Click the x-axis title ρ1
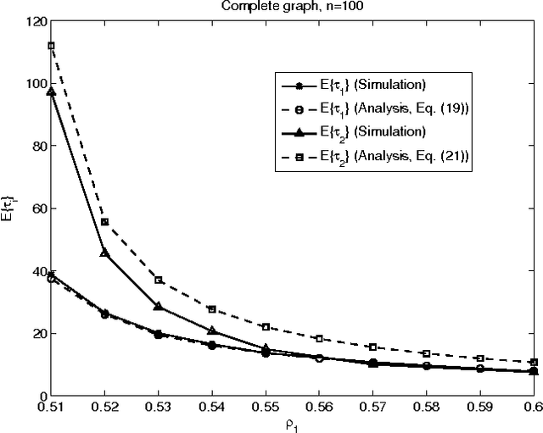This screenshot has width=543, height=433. click(x=293, y=425)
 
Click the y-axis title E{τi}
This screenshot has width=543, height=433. click(x=10, y=208)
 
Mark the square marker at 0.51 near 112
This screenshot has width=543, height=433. click(x=51, y=46)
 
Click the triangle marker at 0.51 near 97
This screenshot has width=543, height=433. click(x=51, y=92)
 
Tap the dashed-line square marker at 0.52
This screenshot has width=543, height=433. click(x=104, y=222)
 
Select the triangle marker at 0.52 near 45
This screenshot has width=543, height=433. click(x=104, y=253)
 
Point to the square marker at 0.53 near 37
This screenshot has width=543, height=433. click(x=158, y=280)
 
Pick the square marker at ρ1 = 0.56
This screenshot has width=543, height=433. click(x=318, y=338)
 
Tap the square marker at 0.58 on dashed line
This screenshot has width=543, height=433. click(x=426, y=353)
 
